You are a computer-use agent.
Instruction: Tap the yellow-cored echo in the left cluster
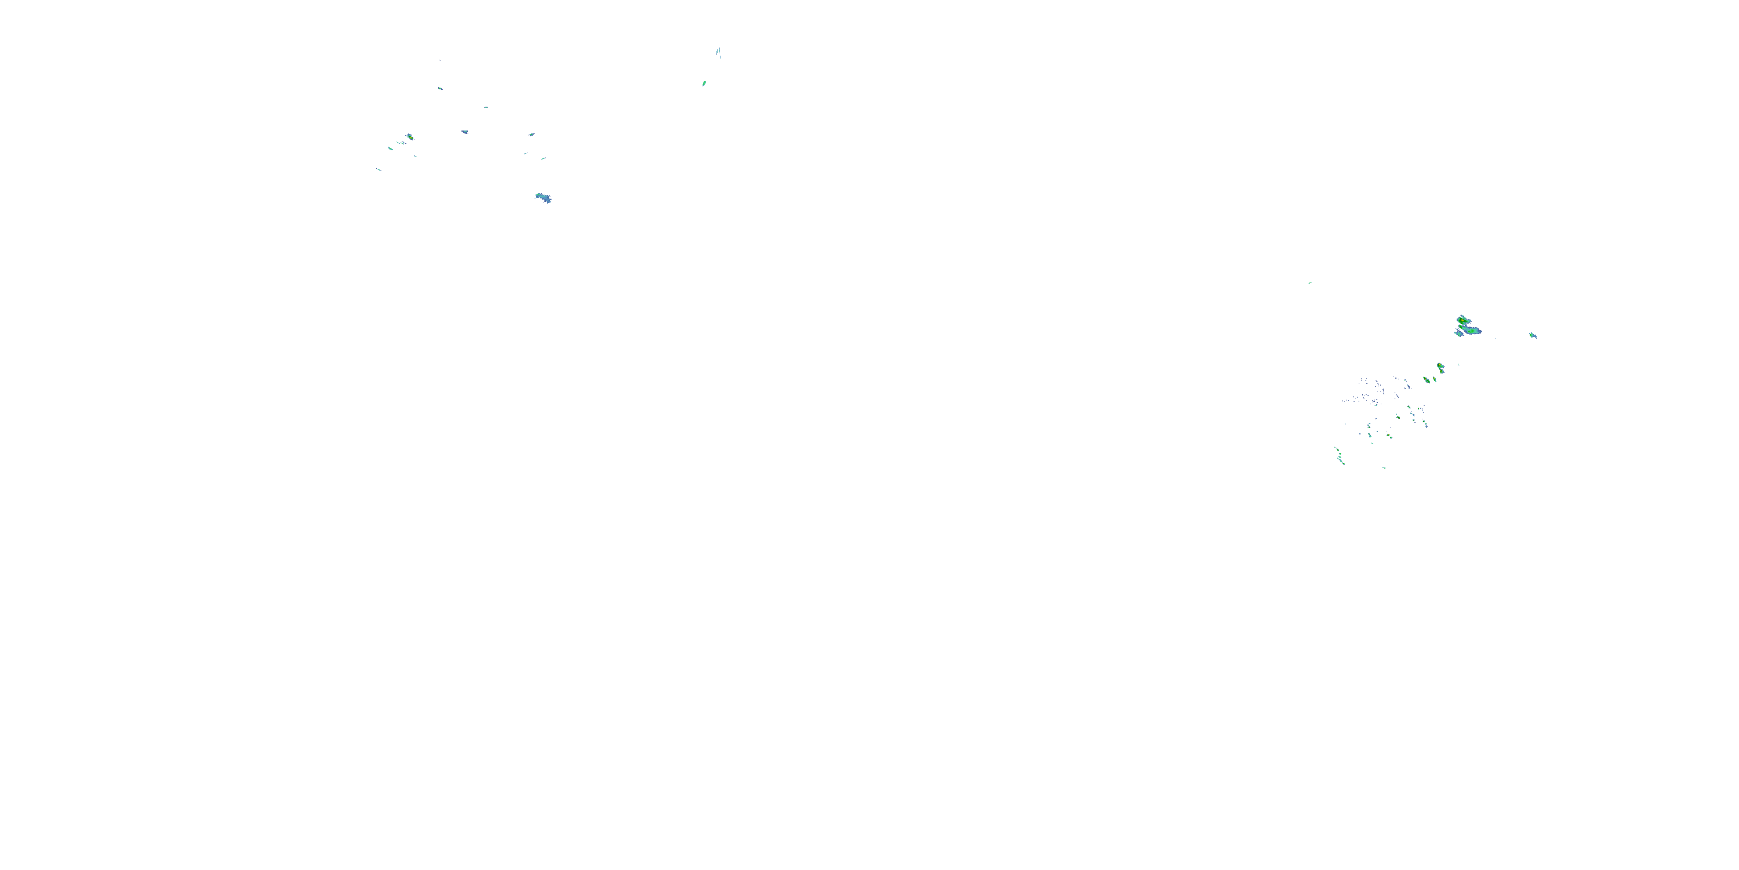(410, 137)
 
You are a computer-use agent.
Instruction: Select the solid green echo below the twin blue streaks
(704, 84)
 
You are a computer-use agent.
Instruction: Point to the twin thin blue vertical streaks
(719, 53)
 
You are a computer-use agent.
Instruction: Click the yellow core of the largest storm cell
(1461, 320)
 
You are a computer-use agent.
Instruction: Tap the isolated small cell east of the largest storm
(1533, 335)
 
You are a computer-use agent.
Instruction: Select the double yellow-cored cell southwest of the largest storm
(1440, 368)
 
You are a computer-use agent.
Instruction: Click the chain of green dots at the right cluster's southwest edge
(1338, 456)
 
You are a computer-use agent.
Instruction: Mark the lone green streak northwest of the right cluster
(1309, 283)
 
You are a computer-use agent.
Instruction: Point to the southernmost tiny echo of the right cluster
(1384, 467)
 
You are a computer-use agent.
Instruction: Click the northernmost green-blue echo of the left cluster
(440, 88)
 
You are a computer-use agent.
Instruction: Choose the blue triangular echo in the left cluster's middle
(464, 132)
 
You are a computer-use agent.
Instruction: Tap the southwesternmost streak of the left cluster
(379, 169)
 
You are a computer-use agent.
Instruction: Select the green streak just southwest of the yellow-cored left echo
(390, 148)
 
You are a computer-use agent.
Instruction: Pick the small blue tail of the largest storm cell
(1458, 333)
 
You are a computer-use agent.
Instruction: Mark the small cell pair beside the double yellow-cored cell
(1427, 380)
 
